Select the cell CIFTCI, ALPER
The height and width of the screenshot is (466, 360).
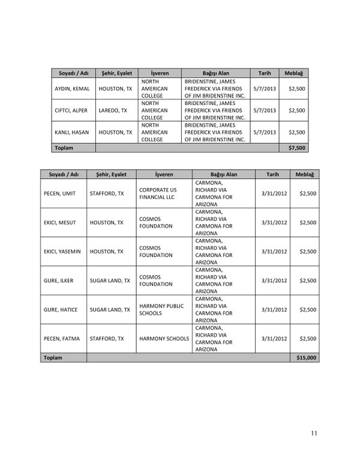[71, 110]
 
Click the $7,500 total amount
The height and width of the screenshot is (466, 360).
[297, 147]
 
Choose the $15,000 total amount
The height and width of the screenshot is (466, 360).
[306, 357]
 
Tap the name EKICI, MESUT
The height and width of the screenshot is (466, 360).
[59, 222]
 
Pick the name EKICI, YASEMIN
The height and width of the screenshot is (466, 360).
[62, 252]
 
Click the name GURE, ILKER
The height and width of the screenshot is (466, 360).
[58, 280]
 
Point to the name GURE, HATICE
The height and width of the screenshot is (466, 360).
[59, 310]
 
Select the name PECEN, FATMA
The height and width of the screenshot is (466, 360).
[62, 339]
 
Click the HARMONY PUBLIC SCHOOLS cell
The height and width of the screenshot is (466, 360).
[161, 310]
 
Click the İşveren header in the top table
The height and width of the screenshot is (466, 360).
[160, 73]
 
